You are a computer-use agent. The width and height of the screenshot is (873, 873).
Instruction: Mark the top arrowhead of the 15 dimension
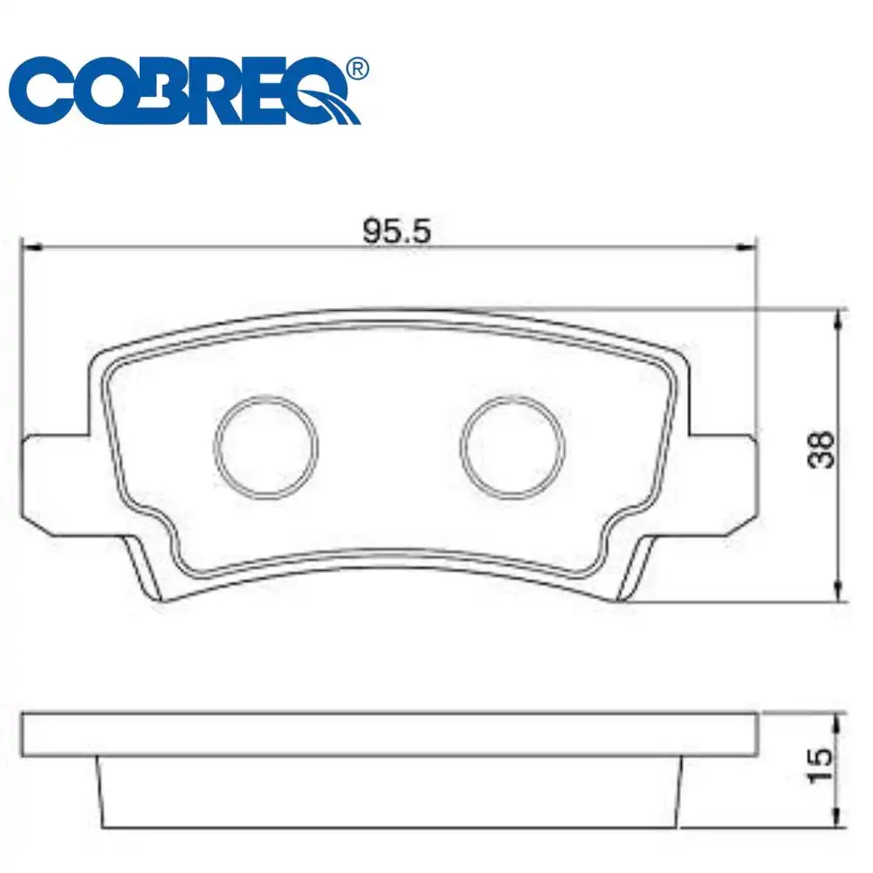[839, 718]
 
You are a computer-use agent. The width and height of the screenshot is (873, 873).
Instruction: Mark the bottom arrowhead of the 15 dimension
[839, 820]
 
